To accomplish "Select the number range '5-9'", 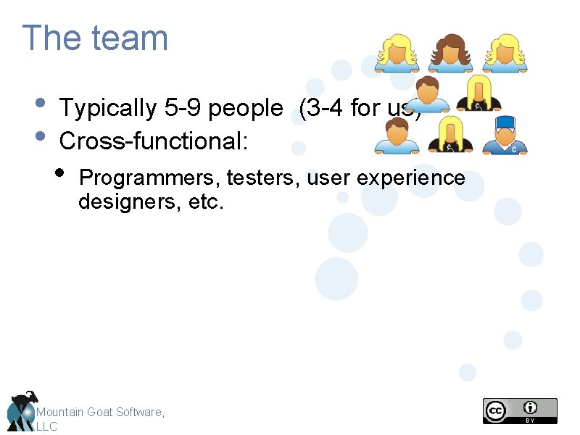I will tap(184, 108).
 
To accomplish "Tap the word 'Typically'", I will tap(109, 108).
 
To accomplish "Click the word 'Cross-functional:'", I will tap(154, 141).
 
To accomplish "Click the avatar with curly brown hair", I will tap(449, 53).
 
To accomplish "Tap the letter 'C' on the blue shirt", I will tap(513, 149).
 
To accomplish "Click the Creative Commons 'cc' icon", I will tap(496, 410).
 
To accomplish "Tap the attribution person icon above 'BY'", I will tap(531, 407).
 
